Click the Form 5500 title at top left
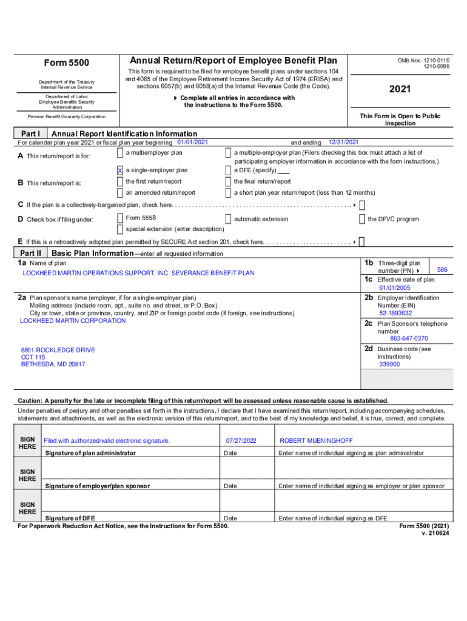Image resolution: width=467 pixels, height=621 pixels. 67,63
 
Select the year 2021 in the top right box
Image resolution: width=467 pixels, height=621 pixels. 400,89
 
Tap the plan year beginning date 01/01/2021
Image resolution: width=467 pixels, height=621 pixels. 192,142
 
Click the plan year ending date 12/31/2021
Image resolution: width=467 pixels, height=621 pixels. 343,142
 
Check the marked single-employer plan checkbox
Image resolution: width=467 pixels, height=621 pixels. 120,171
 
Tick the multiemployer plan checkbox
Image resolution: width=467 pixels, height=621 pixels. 120,153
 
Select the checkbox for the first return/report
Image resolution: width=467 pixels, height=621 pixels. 120,182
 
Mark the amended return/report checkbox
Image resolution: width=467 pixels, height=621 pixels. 120,193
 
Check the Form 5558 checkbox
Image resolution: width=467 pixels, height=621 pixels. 120,218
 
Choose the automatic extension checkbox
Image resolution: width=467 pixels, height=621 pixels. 228,219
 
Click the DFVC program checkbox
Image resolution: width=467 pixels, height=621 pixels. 362,219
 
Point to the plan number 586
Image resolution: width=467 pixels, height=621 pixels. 442,269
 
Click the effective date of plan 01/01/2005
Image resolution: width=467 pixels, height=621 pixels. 395,288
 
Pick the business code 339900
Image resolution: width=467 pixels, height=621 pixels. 389,364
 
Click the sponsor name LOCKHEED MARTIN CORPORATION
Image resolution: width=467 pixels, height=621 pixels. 73,321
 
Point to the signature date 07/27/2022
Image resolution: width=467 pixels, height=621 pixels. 241,440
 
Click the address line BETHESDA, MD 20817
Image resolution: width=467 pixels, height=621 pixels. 53,364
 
